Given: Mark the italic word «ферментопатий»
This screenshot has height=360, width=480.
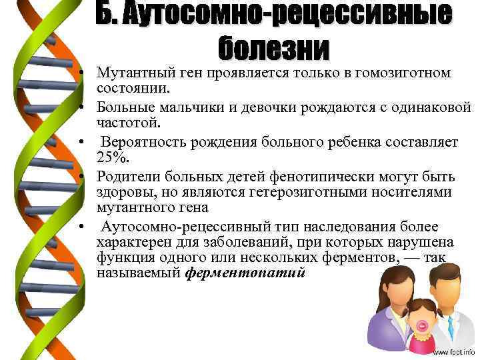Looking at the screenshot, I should tap(245, 273).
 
